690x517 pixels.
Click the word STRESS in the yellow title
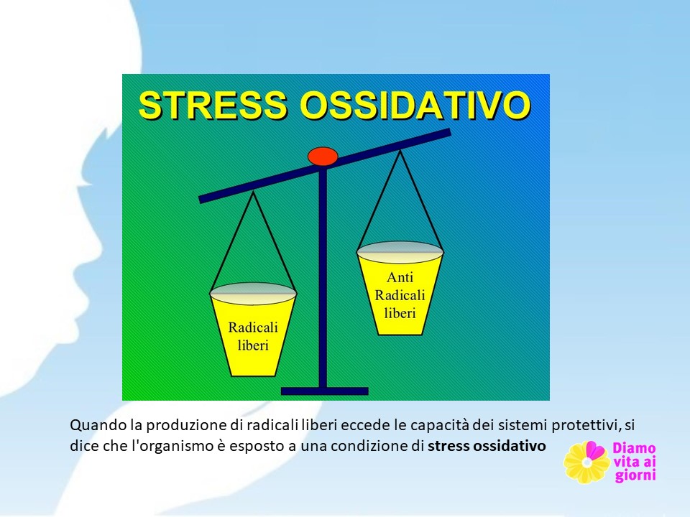[213, 105]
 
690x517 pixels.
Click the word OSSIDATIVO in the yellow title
[415, 105]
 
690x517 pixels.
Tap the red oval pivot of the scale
[323, 157]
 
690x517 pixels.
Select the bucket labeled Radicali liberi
[253, 330]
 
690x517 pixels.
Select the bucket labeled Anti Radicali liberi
[400, 289]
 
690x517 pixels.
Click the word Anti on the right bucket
[400, 277]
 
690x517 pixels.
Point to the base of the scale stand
[324, 391]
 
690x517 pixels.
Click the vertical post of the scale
[323, 277]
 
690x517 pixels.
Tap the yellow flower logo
[586, 462]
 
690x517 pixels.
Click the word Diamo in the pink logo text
[634, 448]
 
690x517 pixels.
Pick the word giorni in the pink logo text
[635, 475]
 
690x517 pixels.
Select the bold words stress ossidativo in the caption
[487, 446]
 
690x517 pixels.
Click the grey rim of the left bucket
[253, 293]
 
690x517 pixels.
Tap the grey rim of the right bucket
[400, 252]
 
